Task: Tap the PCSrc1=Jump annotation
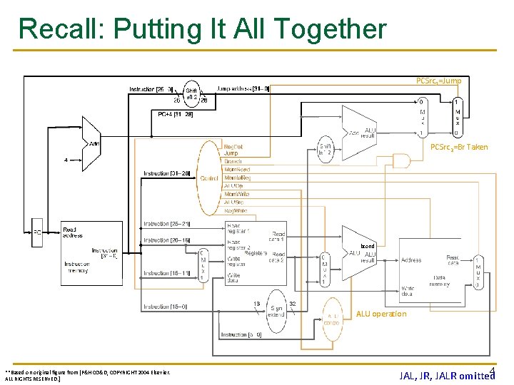click(438, 81)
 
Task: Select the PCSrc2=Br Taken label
click(459, 147)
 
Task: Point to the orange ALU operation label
click(381, 314)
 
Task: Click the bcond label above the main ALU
click(367, 246)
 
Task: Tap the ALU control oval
click(333, 319)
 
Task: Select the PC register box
click(36, 232)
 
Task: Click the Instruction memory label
click(77, 267)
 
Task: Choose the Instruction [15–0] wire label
click(166, 307)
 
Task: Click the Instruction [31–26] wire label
click(166, 173)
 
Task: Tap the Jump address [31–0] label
click(243, 89)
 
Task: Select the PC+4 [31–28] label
click(175, 113)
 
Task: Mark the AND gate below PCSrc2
click(401, 160)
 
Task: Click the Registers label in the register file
click(255, 252)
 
